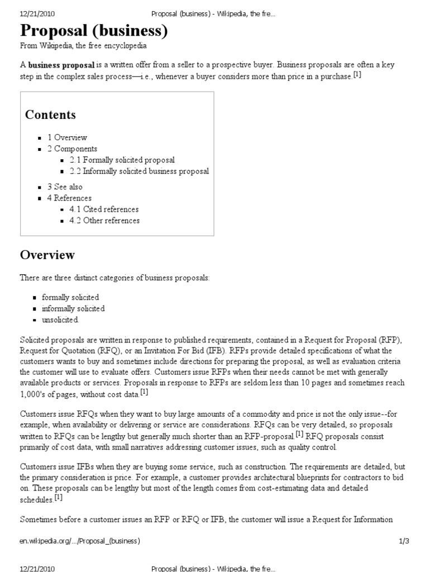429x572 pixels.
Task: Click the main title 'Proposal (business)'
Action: click(x=94, y=31)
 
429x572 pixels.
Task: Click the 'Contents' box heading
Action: click(x=50, y=115)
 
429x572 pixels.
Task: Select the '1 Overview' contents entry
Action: click(x=67, y=137)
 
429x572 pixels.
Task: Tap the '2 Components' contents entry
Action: click(x=72, y=149)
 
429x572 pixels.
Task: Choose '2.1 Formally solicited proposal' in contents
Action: click(x=122, y=160)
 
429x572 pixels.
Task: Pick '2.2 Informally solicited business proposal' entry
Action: click(x=139, y=171)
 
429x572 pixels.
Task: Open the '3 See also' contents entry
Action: click(x=65, y=187)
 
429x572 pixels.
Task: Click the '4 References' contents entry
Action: click(x=69, y=198)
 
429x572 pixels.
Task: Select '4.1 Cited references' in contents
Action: click(x=104, y=209)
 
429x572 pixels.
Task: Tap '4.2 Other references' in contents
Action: click(x=104, y=220)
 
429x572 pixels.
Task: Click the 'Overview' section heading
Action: click(x=47, y=255)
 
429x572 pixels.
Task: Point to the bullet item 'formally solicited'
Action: click(x=70, y=297)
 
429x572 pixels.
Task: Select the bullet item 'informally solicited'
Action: click(x=73, y=308)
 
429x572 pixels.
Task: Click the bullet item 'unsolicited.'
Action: click(x=61, y=320)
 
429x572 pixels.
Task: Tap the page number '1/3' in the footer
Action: click(x=404, y=541)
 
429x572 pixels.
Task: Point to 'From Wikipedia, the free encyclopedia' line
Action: click(x=83, y=46)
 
